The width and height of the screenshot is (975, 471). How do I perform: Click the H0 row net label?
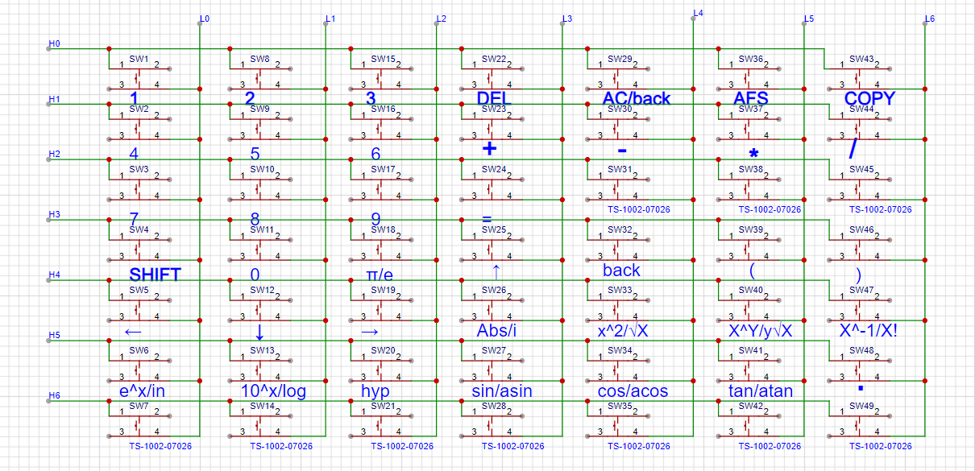click(x=54, y=43)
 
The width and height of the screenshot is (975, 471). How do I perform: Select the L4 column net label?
click(x=698, y=12)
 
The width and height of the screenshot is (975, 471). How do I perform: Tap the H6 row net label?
click(x=54, y=395)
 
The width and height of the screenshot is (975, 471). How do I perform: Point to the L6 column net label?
click(x=930, y=18)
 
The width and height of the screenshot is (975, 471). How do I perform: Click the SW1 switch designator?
click(x=139, y=59)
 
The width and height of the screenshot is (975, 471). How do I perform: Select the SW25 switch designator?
click(x=493, y=229)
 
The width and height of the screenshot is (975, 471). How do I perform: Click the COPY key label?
click(x=869, y=98)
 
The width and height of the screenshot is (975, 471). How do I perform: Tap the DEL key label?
click(x=494, y=98)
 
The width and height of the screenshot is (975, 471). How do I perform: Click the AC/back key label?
click(x=636, y=98)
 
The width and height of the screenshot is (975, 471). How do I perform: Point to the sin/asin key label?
click(x=501, y=391)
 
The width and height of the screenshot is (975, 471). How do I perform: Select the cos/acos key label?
click(x=633, y=391)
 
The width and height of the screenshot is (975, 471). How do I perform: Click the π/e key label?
click(x=375, y=275)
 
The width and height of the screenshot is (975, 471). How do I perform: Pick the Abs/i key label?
click(x=496, y=331)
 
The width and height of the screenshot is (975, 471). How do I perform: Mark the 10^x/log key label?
click(x=273, y=391)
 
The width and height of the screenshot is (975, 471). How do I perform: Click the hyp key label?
click(x=375, y=391)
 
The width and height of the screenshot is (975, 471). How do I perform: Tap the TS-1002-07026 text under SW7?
click(x=160, y=446)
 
